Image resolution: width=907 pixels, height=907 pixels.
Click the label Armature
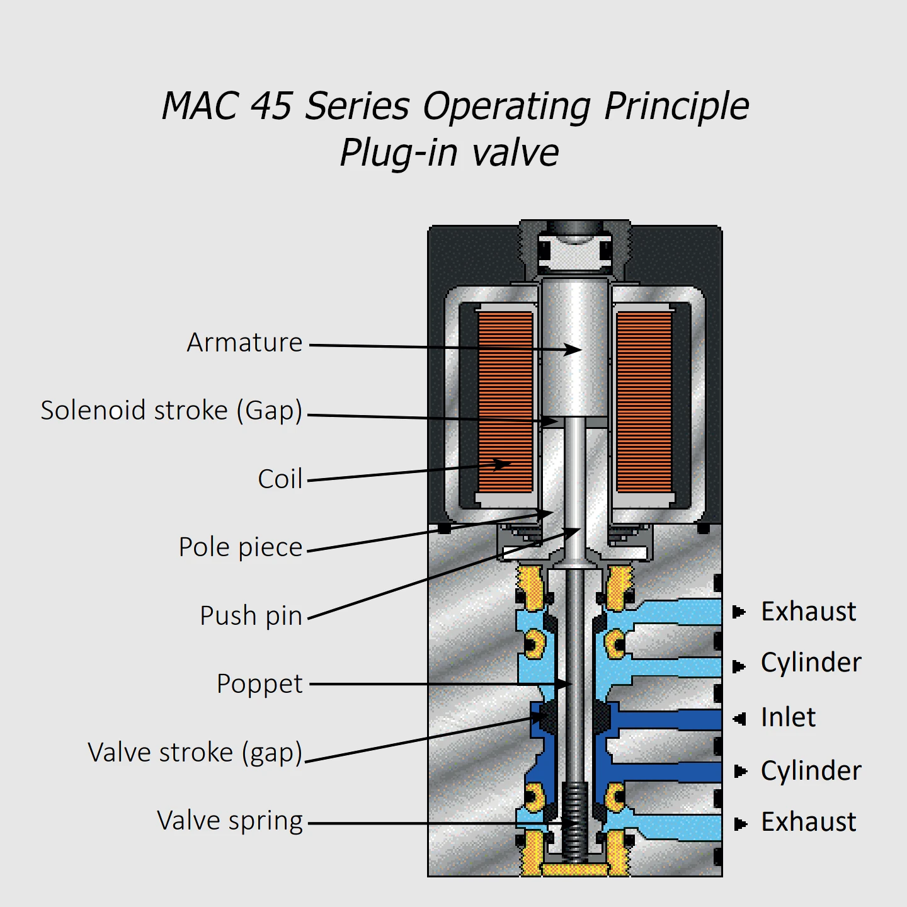tap(244, 343)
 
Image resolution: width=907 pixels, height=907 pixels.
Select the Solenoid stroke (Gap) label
tap(171, 411)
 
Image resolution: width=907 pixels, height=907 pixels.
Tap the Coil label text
tap(280, 479)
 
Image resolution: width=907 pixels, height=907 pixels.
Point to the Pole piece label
tap(241, 547)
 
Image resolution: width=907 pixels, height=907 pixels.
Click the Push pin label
tap(251, 615)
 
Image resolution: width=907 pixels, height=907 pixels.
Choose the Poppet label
tap(260, 684)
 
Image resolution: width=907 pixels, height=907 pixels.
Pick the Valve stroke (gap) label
tap(195, 753)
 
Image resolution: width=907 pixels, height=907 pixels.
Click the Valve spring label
tap(230, 821)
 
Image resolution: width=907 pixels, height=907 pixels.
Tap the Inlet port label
tap(788, 717)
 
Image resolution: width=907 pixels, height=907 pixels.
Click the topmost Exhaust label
tap(808, 612)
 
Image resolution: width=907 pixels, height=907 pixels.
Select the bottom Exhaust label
tap(808, 822)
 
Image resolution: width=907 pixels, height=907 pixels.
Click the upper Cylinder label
tap(811, 663)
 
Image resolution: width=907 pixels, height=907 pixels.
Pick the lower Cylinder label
tap(811, 771)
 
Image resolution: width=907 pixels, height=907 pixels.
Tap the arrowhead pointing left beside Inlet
tap(740, 718)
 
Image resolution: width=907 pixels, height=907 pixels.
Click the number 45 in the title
tap(271, 105)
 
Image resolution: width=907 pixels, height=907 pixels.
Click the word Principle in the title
tap(676, 106)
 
